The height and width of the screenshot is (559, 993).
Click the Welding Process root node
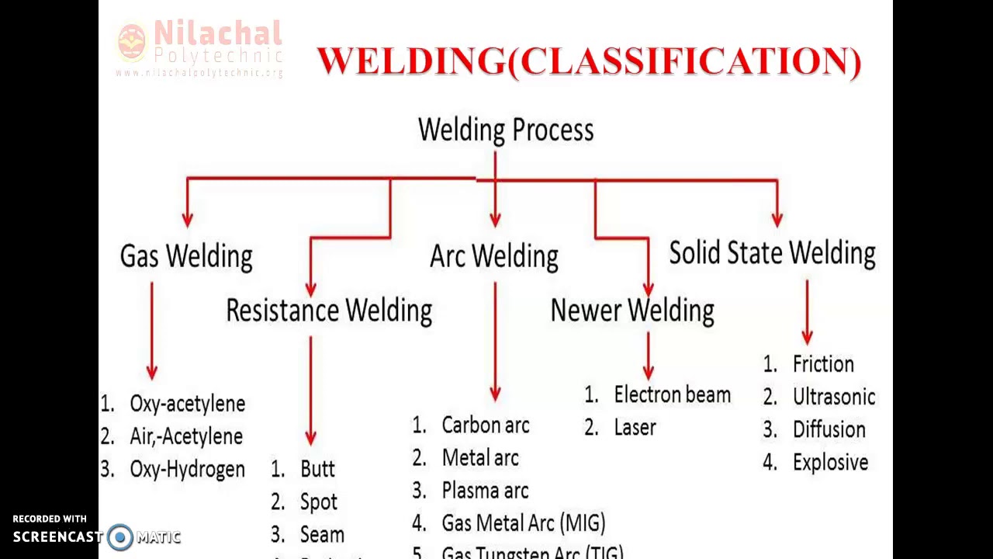pyautogui.click(x=506, y=130)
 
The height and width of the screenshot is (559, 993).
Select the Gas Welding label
pyautogui.click(x=186, y=256)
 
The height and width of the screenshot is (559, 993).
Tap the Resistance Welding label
pyautogui.click(x=329, y=311)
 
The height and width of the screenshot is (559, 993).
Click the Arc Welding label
pyautogui.click(x=494, y=256)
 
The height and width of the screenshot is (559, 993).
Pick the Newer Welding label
pyautogui.click(x=632, y=311)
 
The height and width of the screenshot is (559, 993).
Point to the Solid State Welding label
pyautogui.click(x=772, y=253)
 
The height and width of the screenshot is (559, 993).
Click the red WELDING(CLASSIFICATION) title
pyautogui.click(x=590, y=61)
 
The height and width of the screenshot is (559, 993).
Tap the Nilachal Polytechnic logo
pyautogui.click(x=200, y=48)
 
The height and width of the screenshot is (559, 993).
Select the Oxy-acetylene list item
pyautogui.click(x=187, y=404)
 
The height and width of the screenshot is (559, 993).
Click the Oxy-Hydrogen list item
pyautogui.click(x=187, y=469)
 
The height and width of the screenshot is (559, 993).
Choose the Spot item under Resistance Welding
pyautogui.click(x=318, y=502)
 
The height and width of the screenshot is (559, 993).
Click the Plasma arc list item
pyautogui.click(x=485, y=491)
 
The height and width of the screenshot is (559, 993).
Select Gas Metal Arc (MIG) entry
pyautogui.click(x=523, y=523)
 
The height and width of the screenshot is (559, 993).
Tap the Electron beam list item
pyautogui.click(x=672, y=394)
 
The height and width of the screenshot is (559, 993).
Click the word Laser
pyautogui.click(x=635, y=428)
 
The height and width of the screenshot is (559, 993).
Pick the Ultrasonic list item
pyautogui.click(x=833, y=397)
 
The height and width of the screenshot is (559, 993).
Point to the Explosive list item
pyautogui.click(x=830, y=463)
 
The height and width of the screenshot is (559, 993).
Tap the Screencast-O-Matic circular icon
pyautogui.click(x=120, y=537)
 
